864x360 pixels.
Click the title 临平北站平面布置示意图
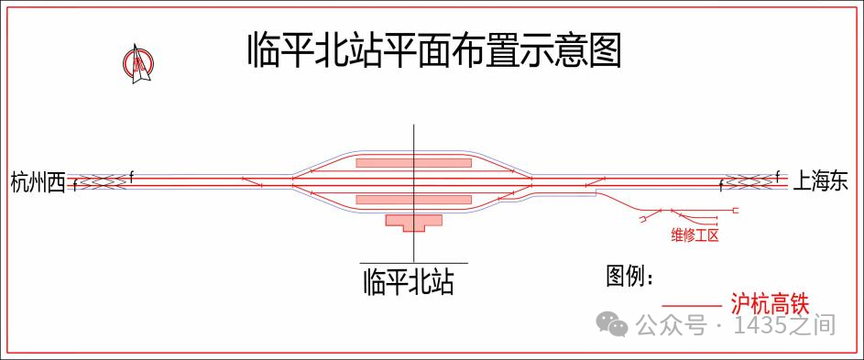[434, 50]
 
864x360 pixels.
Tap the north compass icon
[138, 65]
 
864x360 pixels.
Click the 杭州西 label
[38, 182]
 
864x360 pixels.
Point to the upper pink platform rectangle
[413, 163]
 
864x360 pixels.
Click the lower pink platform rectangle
[413, 199]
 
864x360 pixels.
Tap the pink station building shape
[414, 222]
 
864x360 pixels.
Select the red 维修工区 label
[693, 235]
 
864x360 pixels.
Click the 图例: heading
[630, 275]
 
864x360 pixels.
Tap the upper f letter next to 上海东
[777, 173]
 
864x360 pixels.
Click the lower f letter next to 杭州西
[75, 187]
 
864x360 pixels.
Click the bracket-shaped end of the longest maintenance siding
[737, 212]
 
